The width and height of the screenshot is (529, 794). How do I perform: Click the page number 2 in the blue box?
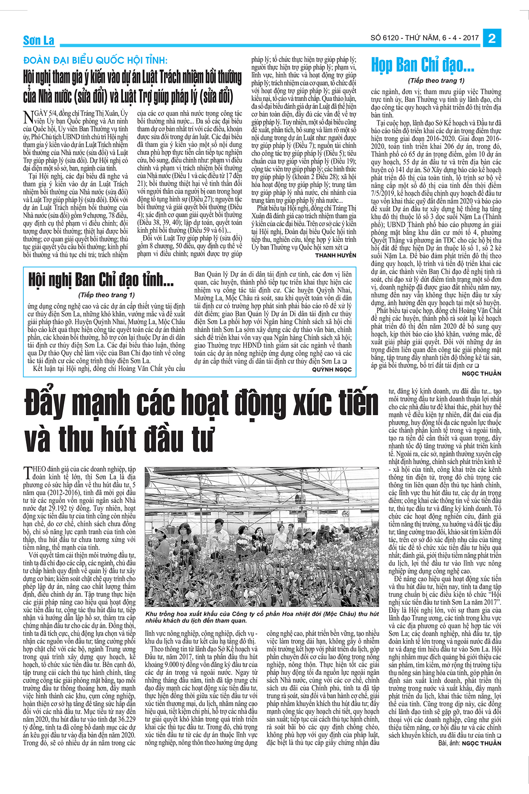point(492,38)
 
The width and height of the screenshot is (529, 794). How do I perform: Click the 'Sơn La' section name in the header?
point(39,41)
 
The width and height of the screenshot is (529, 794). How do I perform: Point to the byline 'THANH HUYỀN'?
point(335,255)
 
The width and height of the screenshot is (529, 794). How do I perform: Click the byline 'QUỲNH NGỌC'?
point(332,370)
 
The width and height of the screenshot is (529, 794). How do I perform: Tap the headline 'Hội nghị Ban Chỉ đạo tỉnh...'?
point(101,280)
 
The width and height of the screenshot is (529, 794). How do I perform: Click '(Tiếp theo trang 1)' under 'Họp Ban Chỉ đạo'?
point(436,81)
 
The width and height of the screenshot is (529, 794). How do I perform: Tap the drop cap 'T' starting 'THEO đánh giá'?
point(28,472)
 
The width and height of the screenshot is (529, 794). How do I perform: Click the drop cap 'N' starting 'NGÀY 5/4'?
point(28,117)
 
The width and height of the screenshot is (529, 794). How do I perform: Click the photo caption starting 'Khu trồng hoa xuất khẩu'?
point(262,617)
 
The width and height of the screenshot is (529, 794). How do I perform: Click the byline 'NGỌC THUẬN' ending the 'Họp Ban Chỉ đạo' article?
point(481,373)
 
